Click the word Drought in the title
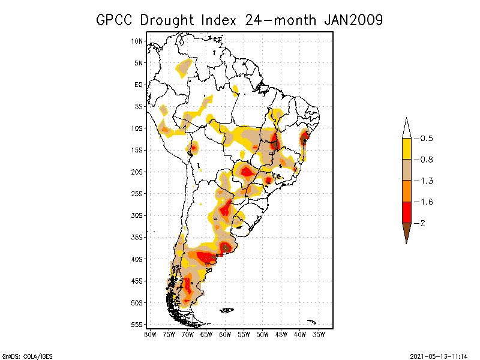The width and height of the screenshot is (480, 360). tap(166, 20)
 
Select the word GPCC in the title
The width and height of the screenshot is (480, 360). tap(116, 20)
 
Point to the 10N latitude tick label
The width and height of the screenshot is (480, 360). tap(137, 41)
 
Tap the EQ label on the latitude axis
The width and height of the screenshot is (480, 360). tap(139, 85)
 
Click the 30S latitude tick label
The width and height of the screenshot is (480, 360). tap(137, 215)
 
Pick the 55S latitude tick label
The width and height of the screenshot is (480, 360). tap(137, 324)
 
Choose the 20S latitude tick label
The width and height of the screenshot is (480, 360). tap(137, 172)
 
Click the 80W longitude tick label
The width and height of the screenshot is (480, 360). tap(150, 335)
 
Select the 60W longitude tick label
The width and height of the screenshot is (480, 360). tap(225, 335)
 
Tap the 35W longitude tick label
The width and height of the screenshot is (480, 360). tap(319, 335)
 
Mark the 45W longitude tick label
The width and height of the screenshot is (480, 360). tap(281, 335)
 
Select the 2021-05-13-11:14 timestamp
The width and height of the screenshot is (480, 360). tap(439, 355)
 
